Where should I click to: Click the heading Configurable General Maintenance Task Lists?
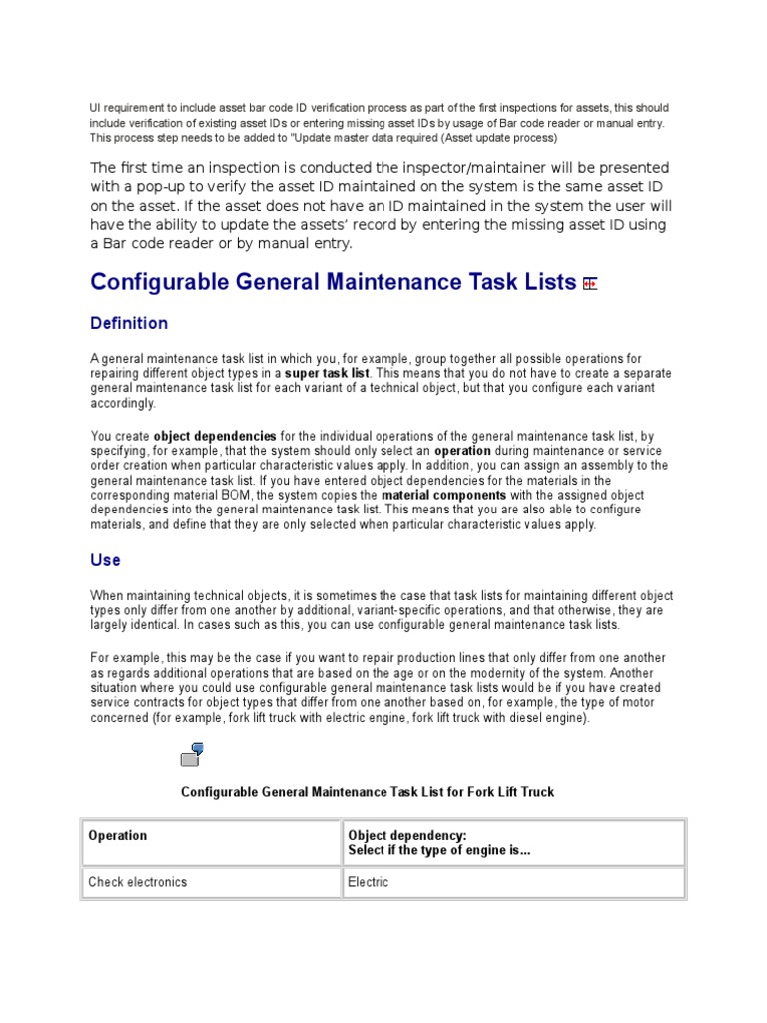coord(333,282)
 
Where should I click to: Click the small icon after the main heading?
coord(590,284)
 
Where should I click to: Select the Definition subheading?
coord(129,324)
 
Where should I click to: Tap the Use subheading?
coord(105,561)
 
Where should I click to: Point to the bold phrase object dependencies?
coord(215,437)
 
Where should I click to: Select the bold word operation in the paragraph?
coord(462,451)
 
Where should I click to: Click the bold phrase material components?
coord(444,496)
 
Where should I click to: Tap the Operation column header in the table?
coord(118,836)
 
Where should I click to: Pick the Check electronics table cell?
coord(138,882)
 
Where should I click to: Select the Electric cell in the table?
coord(369,882)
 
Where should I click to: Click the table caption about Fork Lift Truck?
coord(368,792)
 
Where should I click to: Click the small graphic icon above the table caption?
coord(192,754)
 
